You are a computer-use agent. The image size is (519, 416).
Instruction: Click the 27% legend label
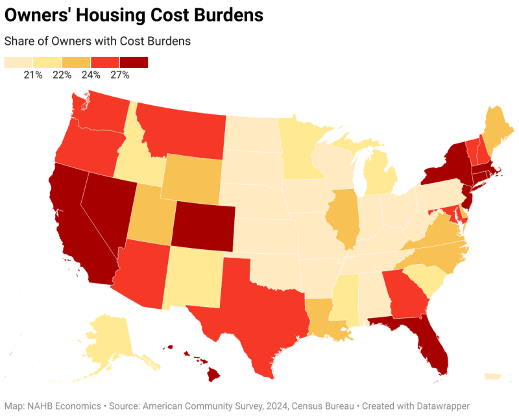pyautogui.click(x=120, y=75)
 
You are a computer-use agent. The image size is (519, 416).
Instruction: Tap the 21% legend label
pyautogui.click(x=33, y=75)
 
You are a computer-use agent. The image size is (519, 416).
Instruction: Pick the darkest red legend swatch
pyautogui.click(x=134, y=62)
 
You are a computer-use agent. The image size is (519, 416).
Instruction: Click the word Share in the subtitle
pyautogui.click(x=19, y=41)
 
